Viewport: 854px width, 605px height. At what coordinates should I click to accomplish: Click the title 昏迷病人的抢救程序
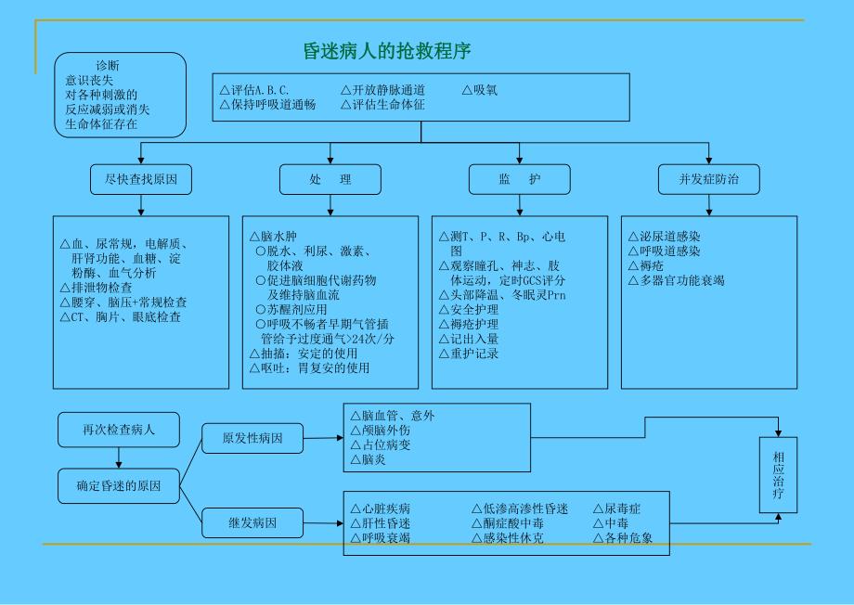[395, 50]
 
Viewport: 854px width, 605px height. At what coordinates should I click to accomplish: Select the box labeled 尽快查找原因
[141, 179]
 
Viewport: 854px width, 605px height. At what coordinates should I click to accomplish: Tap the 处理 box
[330, 179]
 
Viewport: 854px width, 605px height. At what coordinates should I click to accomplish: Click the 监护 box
[519, 179]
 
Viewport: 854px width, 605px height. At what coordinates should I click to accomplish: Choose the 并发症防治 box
[709, 179]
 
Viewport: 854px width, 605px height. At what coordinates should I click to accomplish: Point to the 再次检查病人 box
[119, 431]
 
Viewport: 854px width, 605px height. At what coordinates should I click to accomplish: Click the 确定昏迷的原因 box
[119, 485]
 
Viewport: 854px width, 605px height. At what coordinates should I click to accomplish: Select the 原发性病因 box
[252, 437]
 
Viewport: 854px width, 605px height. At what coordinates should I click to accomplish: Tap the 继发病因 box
[252, 522]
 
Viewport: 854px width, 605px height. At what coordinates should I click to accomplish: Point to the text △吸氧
[480, 91]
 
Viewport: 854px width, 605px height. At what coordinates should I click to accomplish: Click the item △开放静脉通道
[382, 91]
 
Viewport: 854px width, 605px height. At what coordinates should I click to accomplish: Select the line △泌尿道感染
[665, 238]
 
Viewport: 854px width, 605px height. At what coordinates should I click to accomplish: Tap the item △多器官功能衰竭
[676, 279]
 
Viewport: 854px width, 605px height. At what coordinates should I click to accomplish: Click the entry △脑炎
[368, 459]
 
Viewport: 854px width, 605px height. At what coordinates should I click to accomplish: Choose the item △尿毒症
[617, 508]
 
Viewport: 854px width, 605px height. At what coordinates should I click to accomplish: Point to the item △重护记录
[469, 354]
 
